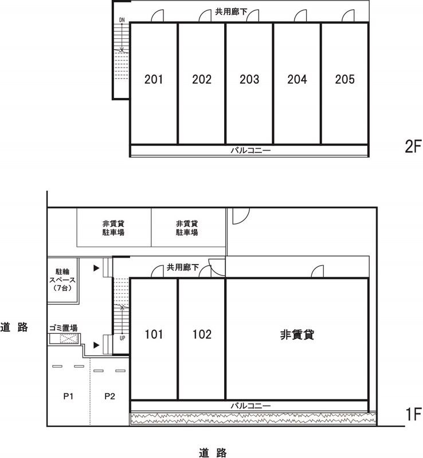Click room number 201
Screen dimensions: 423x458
[x=154, y=79]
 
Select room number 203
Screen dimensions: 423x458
[x=249, y=79]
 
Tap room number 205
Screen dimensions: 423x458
[x=344, y=79]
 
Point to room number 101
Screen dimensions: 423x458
[x=154, y=334]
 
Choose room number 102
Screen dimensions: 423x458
[x=202, y=334]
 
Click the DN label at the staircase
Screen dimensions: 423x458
[x=122, y=20]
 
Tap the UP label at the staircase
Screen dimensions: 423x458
[x=122, y=338]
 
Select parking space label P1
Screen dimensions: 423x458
[x=68, y=396]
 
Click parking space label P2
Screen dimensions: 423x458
[x=109, y=396]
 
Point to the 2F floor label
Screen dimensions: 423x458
[x=413, y=147]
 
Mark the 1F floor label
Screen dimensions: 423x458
[x=413, y=414]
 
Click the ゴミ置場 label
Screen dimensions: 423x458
[x=63, y=327]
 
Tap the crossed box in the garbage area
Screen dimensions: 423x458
[x=69, y=339]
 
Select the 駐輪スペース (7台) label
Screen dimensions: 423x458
[x=62, y=280]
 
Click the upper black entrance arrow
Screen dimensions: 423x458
[x=96, y=268]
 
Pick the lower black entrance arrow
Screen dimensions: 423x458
[x=96, y=345]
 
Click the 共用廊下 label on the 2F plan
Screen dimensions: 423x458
[x=231, y=11]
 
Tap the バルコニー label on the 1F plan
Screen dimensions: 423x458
[x=250, y=406]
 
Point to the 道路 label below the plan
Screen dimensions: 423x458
[x=213, y=452]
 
